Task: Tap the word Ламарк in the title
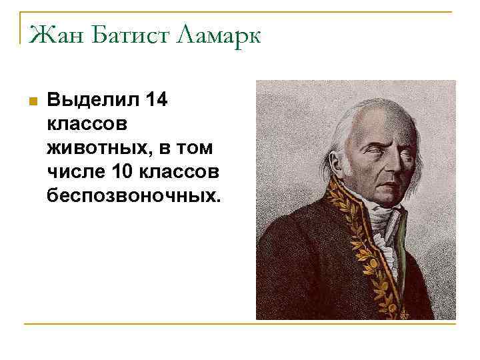pos(217,34)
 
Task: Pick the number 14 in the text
pos(157,101)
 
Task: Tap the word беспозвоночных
pos(132,195)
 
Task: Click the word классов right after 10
pos(179,172)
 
